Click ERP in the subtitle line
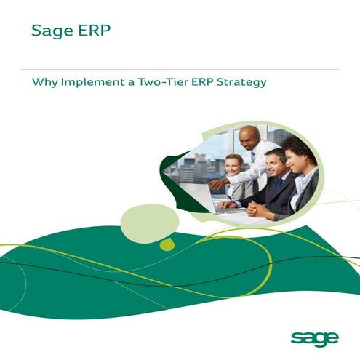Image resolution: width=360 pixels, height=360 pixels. [199, 82]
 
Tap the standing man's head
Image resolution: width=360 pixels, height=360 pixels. [249, 137]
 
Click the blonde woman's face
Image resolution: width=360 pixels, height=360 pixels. [233, 165]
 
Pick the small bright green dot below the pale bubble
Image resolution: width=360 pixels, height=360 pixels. [167, 244]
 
